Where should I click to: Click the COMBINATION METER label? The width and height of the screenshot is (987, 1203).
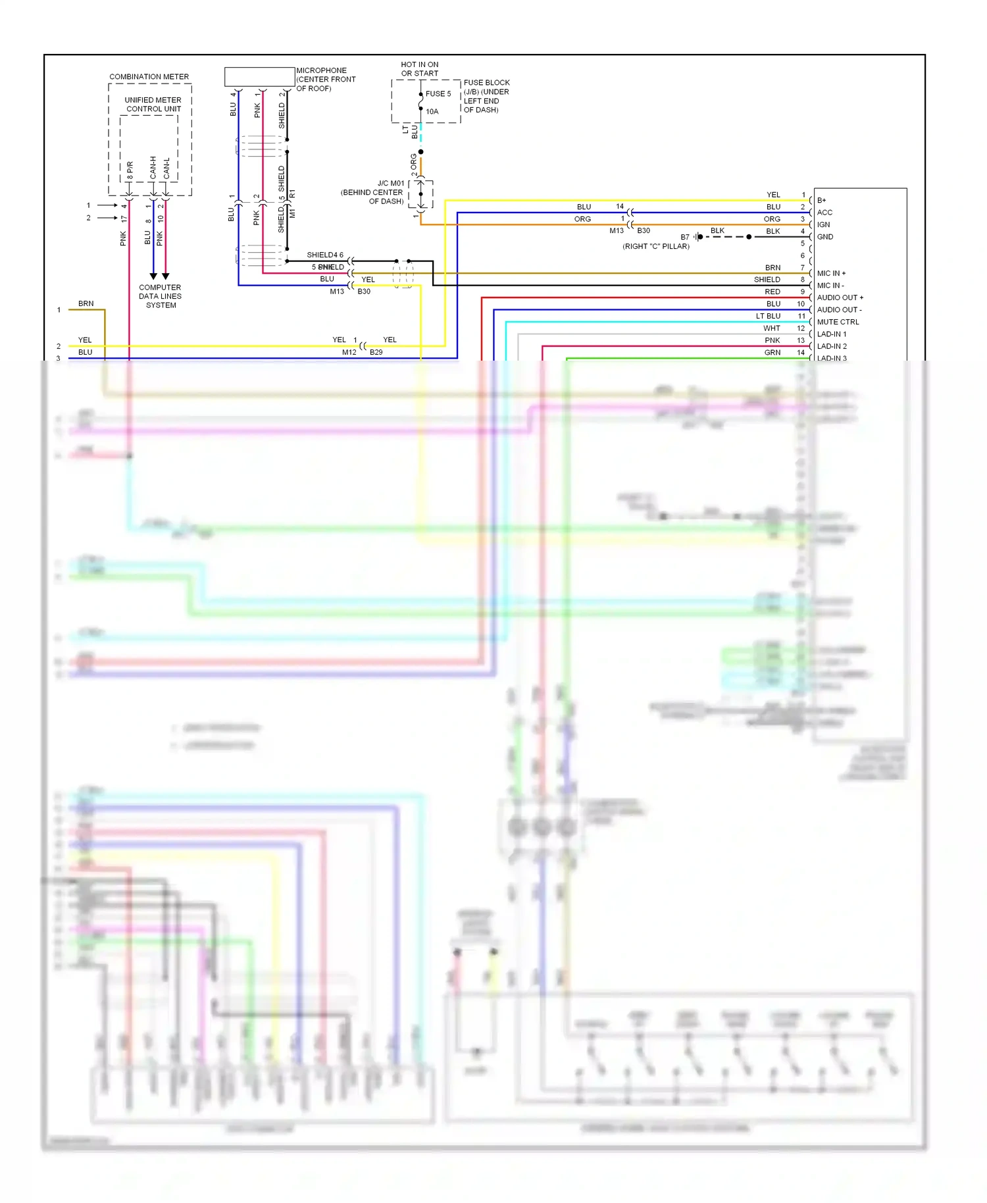click(149, 76)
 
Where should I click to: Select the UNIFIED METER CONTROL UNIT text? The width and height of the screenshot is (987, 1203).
click(153, 105)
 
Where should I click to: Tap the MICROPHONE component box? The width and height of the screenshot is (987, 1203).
click(259, 76)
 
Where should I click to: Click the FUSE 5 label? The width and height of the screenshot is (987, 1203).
click(438, 93)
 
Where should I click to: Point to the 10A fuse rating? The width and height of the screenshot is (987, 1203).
click(432, 111)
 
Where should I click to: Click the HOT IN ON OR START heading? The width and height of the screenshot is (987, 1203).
click(419, 69)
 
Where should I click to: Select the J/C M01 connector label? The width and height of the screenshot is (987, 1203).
click(391, 184)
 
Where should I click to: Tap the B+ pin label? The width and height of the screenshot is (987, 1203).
click(821, 200)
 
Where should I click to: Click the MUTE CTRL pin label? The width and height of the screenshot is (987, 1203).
click(838, 322)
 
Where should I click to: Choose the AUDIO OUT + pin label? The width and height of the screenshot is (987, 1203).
click(840, 297)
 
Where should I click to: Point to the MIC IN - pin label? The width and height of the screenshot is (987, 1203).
click(830, 286)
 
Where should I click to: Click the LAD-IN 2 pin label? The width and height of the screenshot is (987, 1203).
click(832, 346)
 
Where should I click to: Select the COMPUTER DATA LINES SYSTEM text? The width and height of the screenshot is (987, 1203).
click(160, 296)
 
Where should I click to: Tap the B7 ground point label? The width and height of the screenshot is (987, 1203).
click(685, 237)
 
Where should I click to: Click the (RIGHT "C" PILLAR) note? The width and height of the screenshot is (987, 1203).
click(655, 246)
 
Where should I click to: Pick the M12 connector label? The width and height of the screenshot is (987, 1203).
click(349, 352)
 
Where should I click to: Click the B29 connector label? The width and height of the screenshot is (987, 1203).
click(376, 352)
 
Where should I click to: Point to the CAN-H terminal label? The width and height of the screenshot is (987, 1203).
click(153, 167)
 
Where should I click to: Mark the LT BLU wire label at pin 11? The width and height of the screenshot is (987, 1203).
click(768, 316)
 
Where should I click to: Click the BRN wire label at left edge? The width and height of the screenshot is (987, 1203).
click(86, 303)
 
